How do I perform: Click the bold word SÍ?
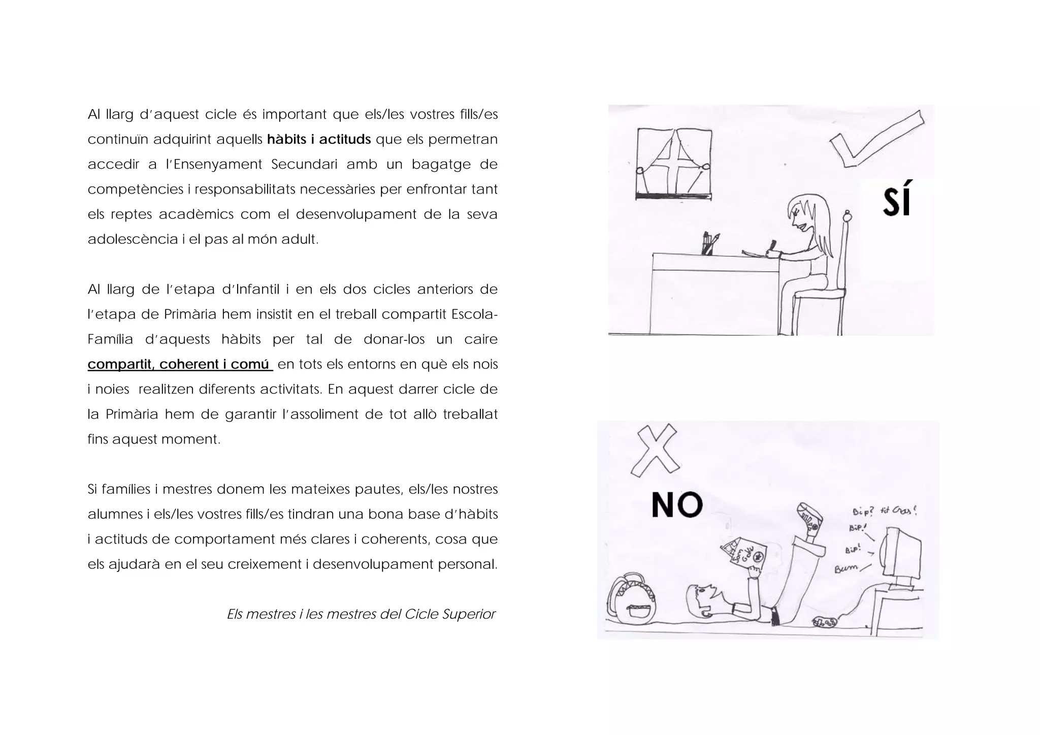[x=897, y=199]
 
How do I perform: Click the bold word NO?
[x=677, y=505]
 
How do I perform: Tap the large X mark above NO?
[x=655, y=451]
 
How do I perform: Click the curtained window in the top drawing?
[x=674, y=164]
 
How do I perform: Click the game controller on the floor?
[x=825, y=621]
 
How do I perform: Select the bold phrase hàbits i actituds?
[x=319, y=139]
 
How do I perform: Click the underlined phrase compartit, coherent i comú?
[x=180, y=364]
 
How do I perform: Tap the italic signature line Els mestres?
[x=361, y=614]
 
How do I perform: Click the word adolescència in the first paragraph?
[x=133, y=239]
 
